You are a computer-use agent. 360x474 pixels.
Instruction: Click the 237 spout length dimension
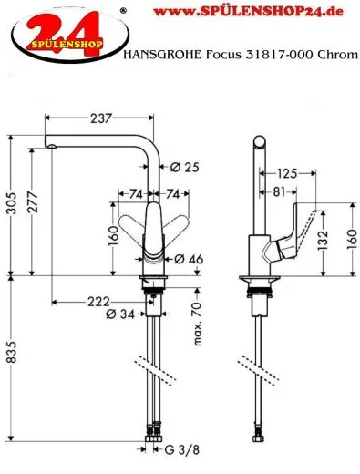click(101, 117)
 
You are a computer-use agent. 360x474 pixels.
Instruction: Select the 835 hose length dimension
click(10, 365)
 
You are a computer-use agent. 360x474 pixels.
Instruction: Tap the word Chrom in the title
click(334, 57)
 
